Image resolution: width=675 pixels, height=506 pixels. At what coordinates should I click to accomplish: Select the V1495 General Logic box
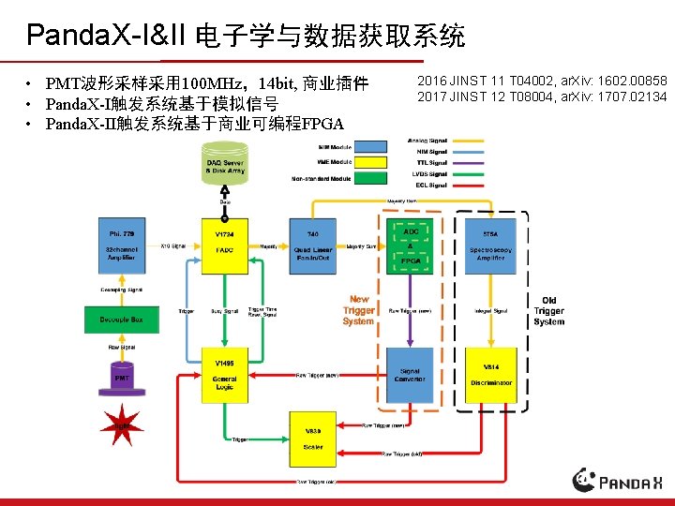pyautogui.click(x=225, y=375)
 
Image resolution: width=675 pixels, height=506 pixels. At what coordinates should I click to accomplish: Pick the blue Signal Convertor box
pyautogui.click(x=411, y=375)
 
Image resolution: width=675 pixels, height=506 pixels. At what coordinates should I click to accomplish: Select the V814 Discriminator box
pyautogui.click(x=491, y=375)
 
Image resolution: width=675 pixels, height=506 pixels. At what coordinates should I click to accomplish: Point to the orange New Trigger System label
pyautogui.click(x=358, y=310)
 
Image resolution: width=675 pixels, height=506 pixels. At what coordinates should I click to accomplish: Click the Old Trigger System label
pyautogui.click(x=549, y=311)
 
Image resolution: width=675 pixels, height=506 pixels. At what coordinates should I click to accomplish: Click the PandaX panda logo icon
pyautogui.click(x=585, y=480)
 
